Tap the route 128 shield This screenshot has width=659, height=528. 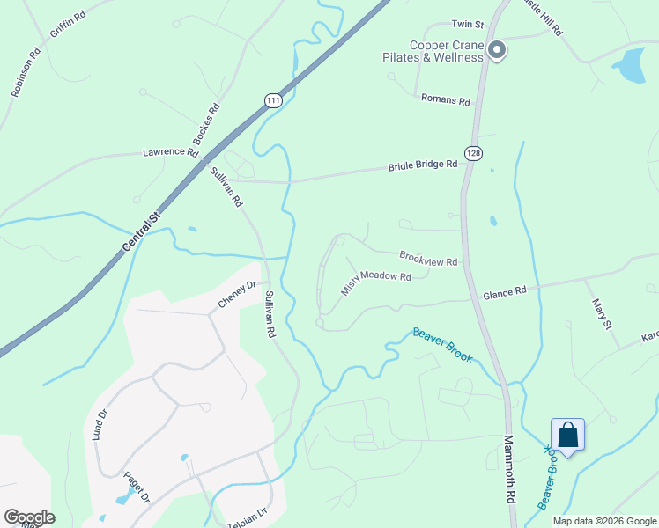[x=475, y=153]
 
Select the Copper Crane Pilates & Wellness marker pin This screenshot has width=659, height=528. [x=497, y=50]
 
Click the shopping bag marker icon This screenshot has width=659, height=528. [x=568, y=435]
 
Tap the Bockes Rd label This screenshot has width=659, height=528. [x=205, y=124]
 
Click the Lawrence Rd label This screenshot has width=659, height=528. [x=171, y=152]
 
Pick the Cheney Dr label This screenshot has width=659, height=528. [x=237, y=295]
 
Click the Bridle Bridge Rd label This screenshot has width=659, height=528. [x=424, y=165]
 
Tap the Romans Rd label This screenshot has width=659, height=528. [x=446, y=100]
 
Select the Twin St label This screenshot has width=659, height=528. [x=468, y=24]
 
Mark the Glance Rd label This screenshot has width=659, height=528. [x=504, y=291]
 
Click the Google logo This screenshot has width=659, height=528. [x=29, y=517]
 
